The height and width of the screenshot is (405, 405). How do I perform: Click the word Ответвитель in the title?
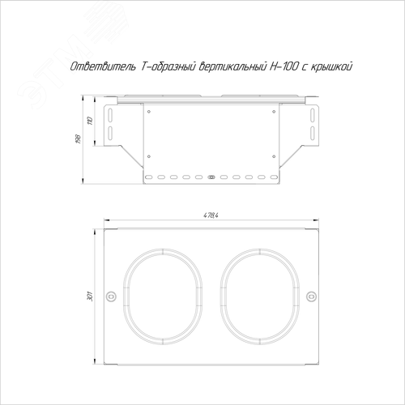tap(103, 66)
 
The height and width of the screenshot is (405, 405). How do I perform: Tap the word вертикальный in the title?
tap(232, 66)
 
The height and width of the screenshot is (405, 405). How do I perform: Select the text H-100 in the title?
tap(283, 66)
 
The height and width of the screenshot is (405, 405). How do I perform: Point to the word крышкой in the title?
tap(331, 67)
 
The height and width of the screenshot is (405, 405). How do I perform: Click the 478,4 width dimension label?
tap(211, 215)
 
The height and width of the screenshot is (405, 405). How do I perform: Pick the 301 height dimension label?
tap(90, 296)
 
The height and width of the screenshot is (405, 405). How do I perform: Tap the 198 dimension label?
tap(79, 139)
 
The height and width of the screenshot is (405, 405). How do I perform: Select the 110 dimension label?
tap(91, 121)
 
